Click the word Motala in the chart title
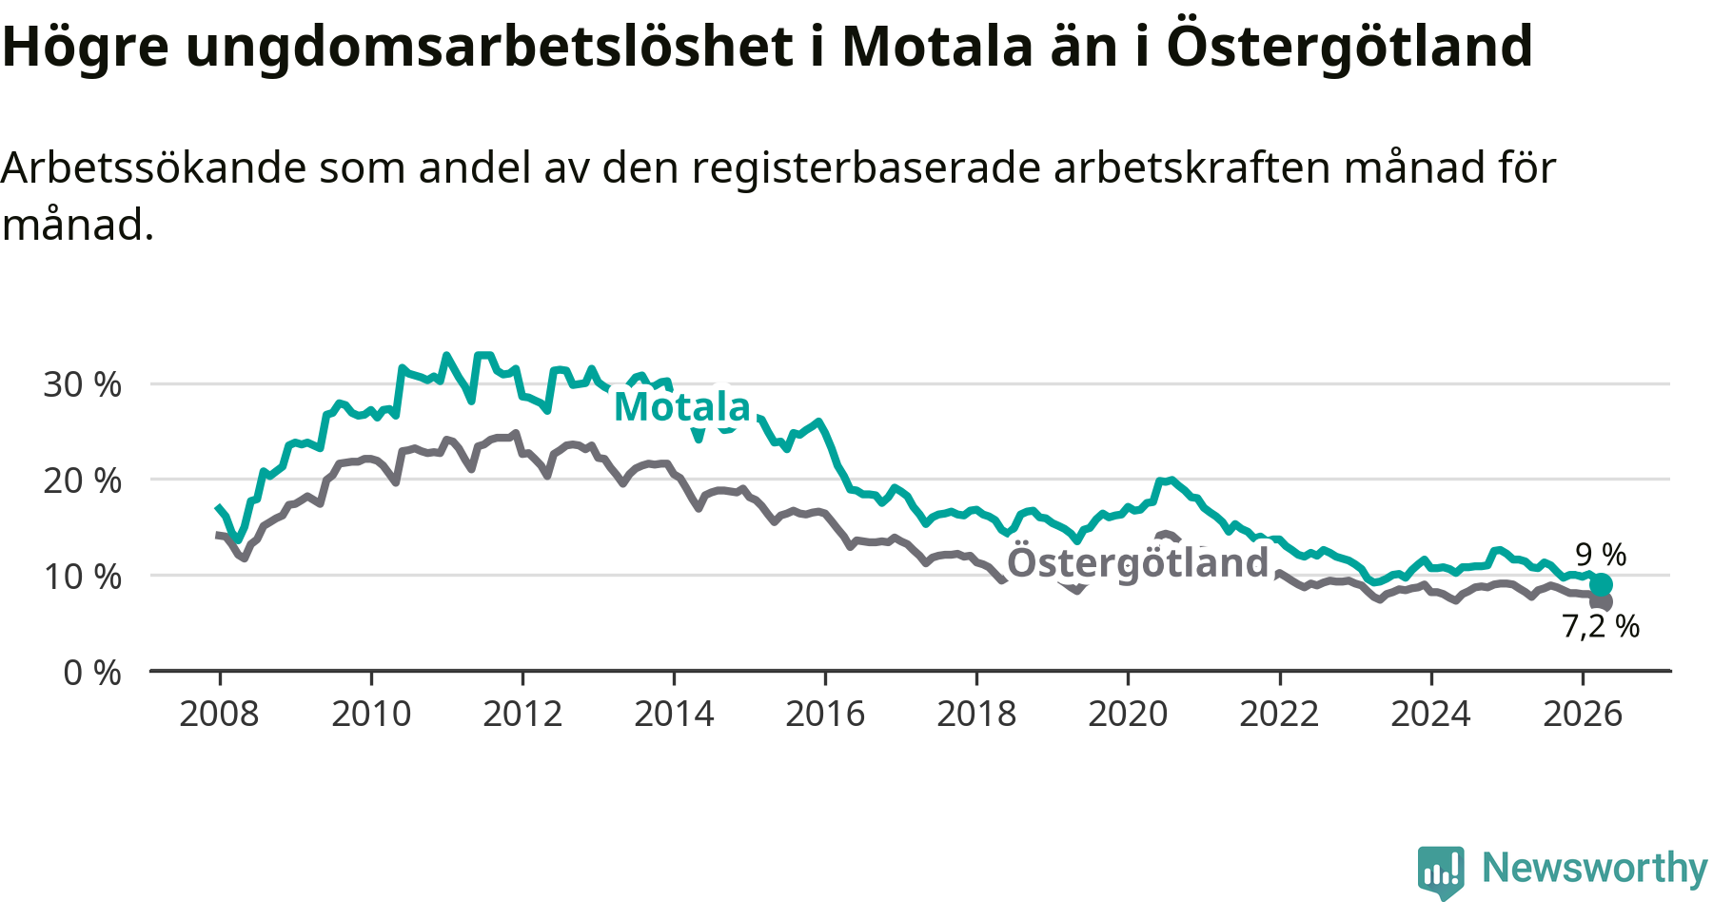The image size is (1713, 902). point(937,46)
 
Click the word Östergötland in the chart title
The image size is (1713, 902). point(1349,46)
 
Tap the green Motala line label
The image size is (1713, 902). point(682,406)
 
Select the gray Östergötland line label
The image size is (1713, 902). point(1138,561)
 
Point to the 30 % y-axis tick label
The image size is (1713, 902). point(83,384)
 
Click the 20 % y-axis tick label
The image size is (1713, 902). point(83,480)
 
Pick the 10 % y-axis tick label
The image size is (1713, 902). point(83,577)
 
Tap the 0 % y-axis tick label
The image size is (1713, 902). point(92,673)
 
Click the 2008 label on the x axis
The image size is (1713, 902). point(219,714)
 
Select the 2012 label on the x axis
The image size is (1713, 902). point(522,714)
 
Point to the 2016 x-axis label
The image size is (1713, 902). point(825,714)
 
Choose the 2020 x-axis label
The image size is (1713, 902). point(1128,714)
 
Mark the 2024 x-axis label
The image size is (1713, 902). point(1430,714)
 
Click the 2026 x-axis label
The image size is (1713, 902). point(1583,714)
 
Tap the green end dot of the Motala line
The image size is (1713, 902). point(1602,584)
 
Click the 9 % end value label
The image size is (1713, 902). point(1601,554)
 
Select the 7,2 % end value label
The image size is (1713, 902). point(1601,626)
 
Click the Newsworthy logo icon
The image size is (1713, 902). point(1441,872)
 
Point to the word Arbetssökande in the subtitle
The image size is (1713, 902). point(154,167)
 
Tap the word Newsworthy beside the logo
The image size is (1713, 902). point(1595,868)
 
